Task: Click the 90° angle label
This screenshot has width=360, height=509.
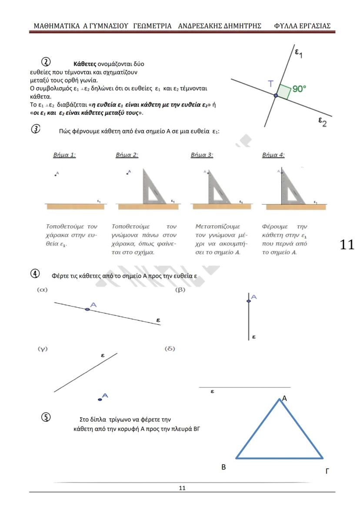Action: (299, 89)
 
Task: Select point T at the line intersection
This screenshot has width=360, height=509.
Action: (275, 95)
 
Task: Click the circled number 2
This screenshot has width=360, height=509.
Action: (45, 61)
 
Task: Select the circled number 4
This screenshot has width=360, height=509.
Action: (36, 274)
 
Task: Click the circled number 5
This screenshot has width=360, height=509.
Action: (46, 417)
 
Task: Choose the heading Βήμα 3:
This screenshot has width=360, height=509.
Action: (202, 155)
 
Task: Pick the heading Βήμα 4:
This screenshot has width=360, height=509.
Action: (273, 155)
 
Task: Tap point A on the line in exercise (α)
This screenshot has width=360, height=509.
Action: (87, 309)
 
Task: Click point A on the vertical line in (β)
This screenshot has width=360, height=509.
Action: (248, 300)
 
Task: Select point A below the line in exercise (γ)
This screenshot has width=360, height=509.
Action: (100, 399)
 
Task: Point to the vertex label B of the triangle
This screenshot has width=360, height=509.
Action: (223, 468)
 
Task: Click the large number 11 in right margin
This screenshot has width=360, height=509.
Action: (347, 245)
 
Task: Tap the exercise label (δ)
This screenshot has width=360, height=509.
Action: (170, 349)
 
